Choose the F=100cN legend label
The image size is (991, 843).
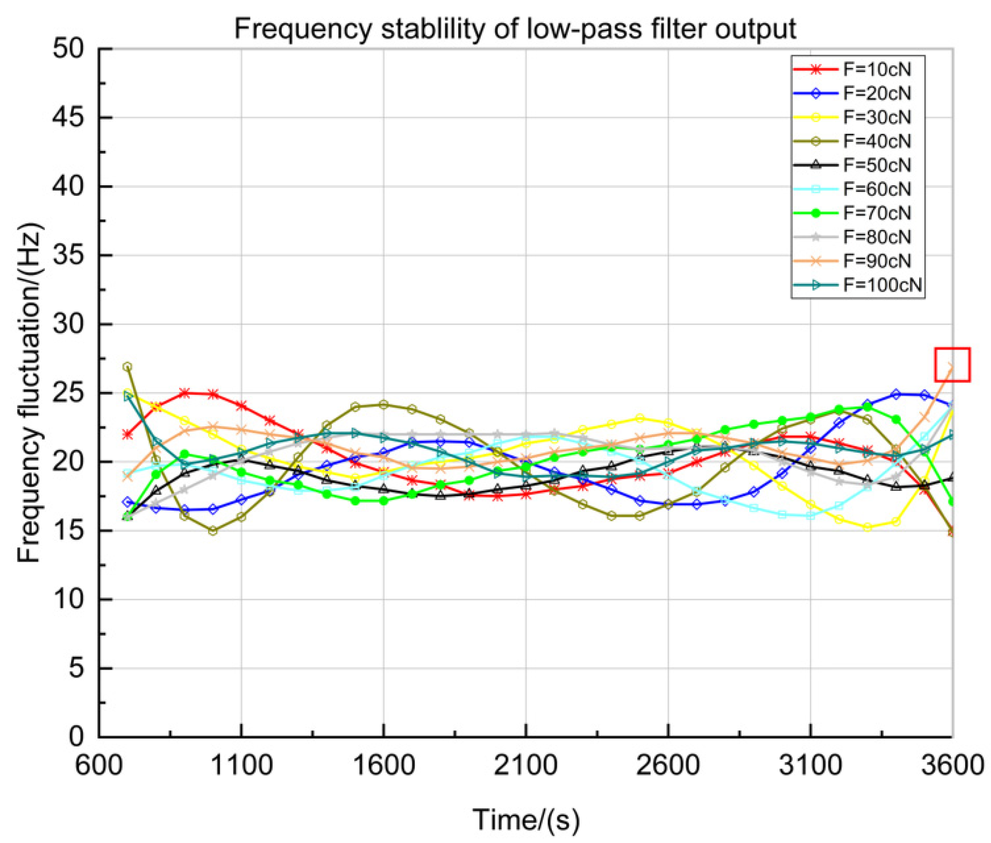[x=881, y=285]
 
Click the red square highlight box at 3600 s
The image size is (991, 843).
[x=952, y=365]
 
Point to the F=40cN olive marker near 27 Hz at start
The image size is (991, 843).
[x=127, y=367]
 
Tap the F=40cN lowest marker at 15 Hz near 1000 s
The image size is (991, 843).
[x=213, y=530]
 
